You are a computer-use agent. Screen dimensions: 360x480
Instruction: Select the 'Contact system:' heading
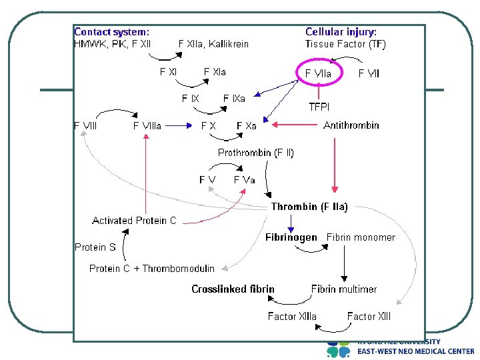click(111, 31)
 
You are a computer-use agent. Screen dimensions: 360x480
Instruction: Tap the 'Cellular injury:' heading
click(341, 31)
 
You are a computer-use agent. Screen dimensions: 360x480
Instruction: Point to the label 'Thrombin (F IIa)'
click(309, 207)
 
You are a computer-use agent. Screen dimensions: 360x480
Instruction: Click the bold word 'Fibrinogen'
click(291, 237)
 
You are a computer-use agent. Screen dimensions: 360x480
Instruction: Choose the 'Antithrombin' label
click(351, 125)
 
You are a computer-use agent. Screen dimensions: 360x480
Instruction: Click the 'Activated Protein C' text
click(134, 221)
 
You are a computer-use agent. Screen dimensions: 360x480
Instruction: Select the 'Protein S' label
click(95, 247)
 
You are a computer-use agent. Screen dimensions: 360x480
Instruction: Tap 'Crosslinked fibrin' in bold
click(233, 289)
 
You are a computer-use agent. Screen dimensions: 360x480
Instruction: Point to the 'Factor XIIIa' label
click(292, 317)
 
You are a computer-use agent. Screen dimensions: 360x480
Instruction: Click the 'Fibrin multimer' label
click(343, 289)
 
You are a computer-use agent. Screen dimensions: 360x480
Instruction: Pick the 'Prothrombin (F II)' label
click(255, 153)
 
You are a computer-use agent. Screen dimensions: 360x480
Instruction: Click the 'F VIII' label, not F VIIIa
click(85, 125)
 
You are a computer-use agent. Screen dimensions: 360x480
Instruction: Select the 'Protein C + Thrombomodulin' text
click(152, 269)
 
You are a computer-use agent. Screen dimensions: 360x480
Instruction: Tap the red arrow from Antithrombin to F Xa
click(297, 123)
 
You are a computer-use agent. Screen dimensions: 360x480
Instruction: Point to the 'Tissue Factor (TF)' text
click(345, 44)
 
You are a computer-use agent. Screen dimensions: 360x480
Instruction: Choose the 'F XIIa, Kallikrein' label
click(213, 44)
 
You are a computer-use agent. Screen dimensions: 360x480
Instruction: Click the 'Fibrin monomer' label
click(361, 237)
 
